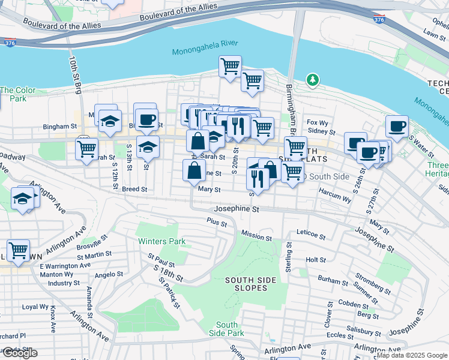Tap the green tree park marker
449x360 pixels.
(312, 80)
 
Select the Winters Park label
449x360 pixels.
(161, 242)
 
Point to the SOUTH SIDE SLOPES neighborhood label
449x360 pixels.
(250, 284)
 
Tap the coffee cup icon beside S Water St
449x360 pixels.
(397, 127)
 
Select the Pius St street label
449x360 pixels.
(217, 223)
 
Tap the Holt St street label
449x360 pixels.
(315, 260)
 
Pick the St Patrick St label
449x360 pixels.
(170, 293)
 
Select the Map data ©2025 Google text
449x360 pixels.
(412, 355)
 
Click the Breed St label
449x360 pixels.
(134, 189)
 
